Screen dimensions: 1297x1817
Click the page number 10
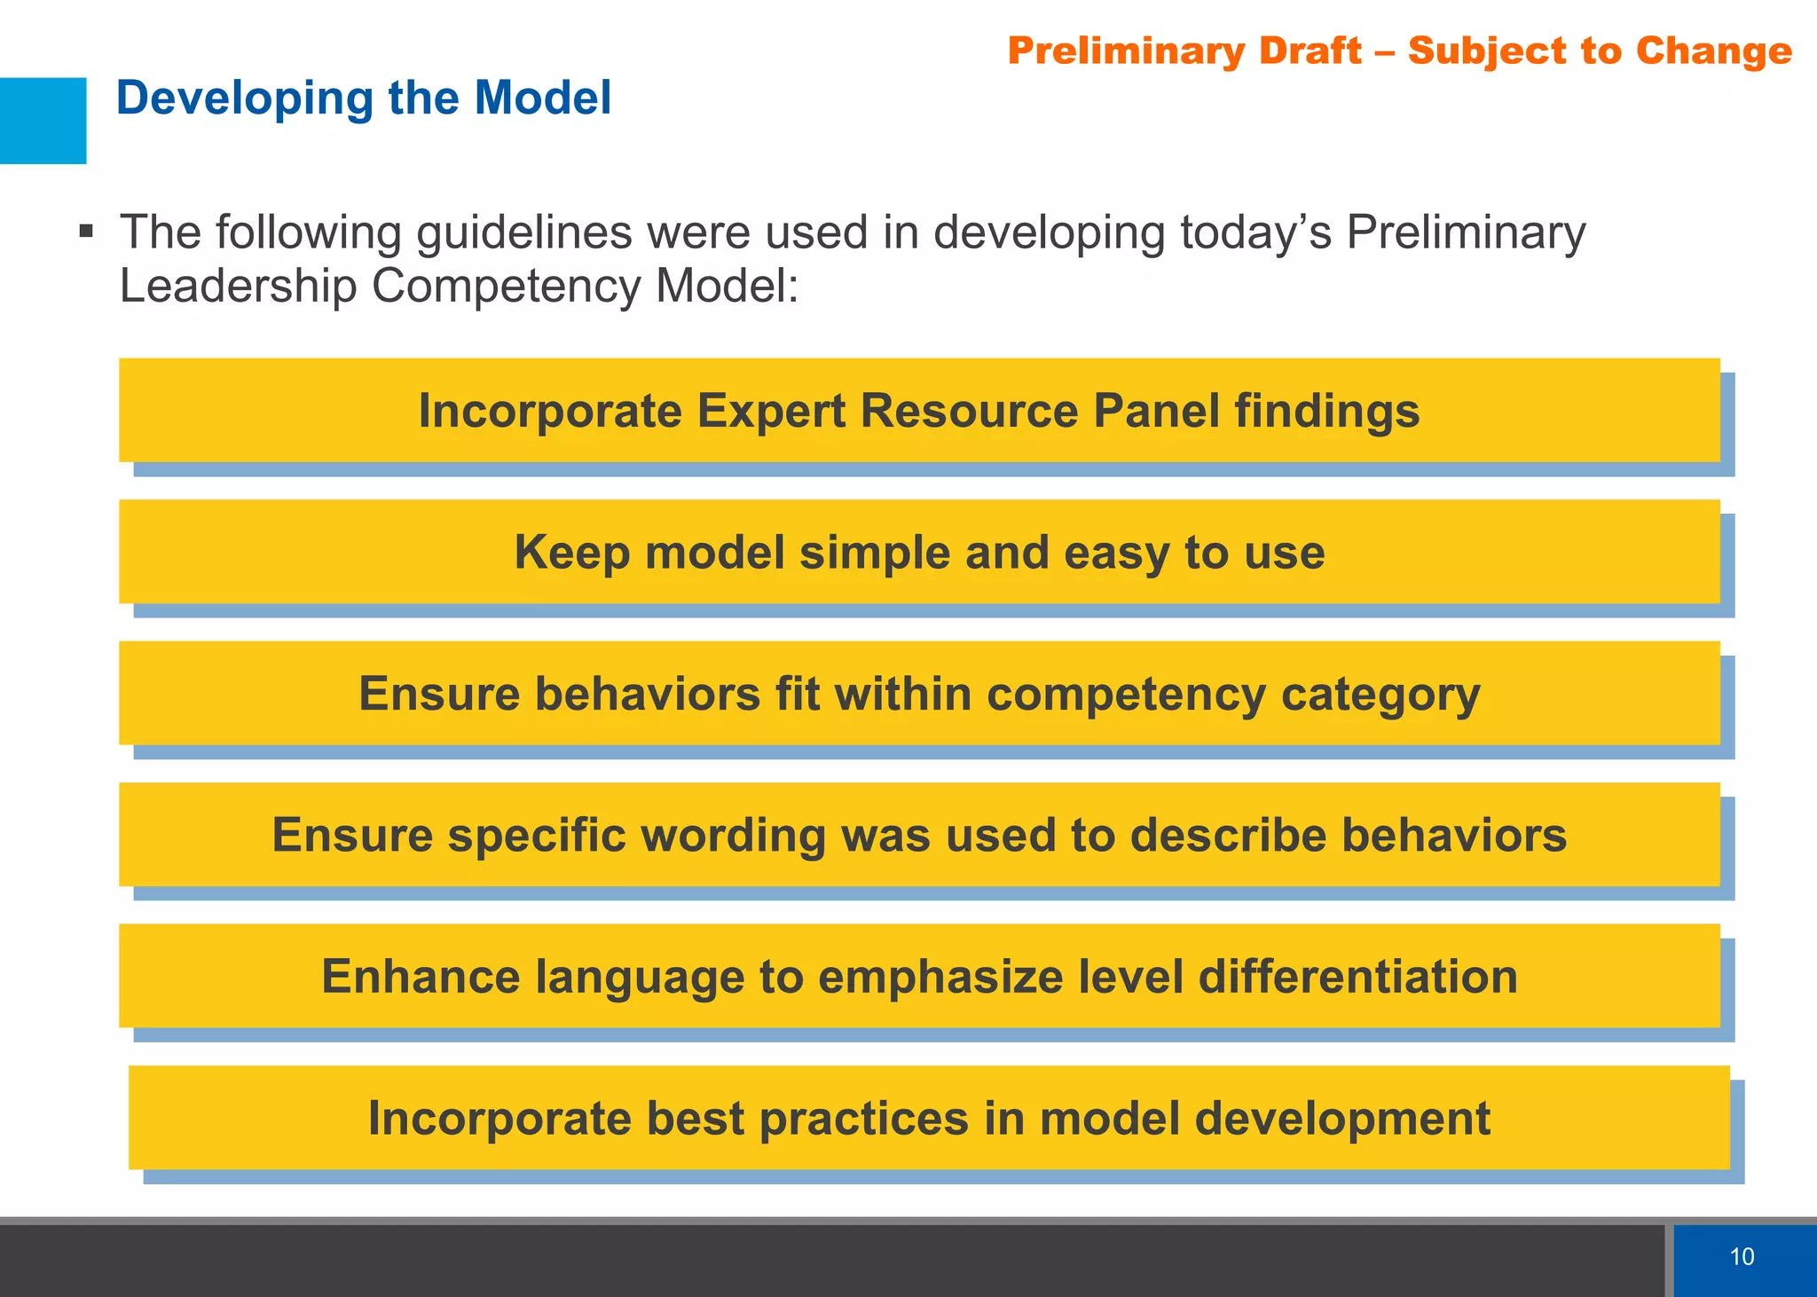pyautogui.click(x=1742, y=1256)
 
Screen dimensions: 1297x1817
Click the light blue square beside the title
pyautogui.click(x=43, y=121)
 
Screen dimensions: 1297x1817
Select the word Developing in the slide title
pyautogui.click(x=244, y=99)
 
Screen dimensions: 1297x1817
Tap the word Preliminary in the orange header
pyautogui.click(x=1184, y=51)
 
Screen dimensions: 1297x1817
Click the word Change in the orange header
pyautogui.click(x=1713, y=51)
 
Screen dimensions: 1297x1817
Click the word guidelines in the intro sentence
pyautogui.click(x=523, y=232)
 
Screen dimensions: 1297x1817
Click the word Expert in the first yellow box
pyautogui.click(x=770, y=412)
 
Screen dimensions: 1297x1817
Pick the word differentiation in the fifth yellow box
pyautogui.click(x=1357, y=977)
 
